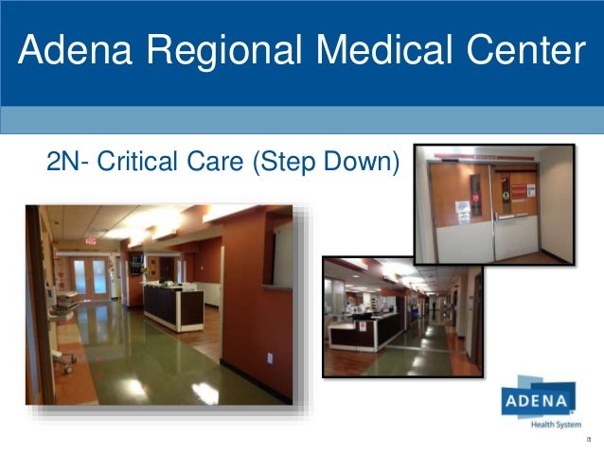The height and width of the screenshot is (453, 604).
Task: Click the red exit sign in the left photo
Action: (x=91, y=240)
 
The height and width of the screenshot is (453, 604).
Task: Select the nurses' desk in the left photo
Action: (x=172, y=304)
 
